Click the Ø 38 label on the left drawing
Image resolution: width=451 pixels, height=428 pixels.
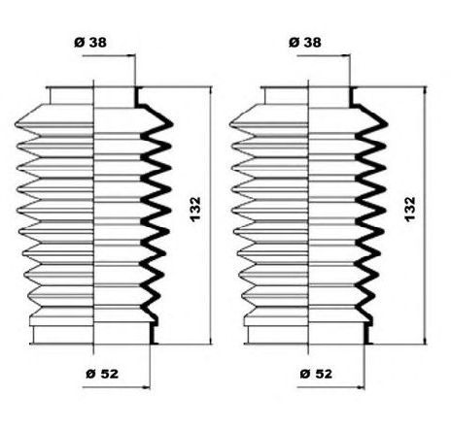[x=90, y=42]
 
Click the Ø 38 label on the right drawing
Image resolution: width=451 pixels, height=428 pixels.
[x=305, y=42]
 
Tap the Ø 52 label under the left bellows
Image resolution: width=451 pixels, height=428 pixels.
[x=102, y=374]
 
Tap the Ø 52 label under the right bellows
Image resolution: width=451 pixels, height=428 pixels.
[x=316, y=374]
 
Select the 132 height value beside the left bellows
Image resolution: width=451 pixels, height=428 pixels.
[x=195, y=209]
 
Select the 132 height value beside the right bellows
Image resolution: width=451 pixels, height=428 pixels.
[x=410, y=209]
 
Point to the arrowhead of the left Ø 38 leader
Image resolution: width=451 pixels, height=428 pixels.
[x=132, y=56]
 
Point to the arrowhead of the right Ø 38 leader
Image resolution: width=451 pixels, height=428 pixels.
[x=347, y=56]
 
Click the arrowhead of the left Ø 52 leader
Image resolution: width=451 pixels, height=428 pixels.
[x=147, y=386]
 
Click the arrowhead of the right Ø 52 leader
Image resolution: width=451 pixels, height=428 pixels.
[x=361, y=386]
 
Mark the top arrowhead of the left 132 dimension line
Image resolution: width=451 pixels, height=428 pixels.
[x=211, y=89]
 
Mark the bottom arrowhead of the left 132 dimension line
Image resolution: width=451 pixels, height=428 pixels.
[x=211, y=341]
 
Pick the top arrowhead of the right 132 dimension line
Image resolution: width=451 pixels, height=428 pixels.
[x=425, y=89]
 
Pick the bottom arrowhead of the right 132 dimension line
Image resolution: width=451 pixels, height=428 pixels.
[x=425, y=341]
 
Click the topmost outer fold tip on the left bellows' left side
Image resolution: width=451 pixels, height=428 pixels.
[x=16, y=124]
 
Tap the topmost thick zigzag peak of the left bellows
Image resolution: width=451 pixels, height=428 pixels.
[x=171, y=123]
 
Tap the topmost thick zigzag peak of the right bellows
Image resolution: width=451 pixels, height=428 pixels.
[x=386, y=124]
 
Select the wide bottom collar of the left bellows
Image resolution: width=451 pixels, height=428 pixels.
[x=91, y=335]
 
